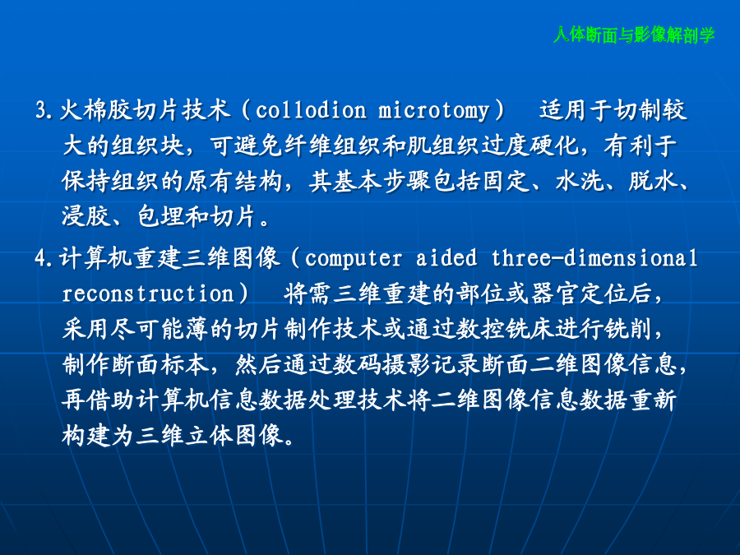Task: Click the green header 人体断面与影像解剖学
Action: [634, 35]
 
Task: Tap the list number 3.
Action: [44, 110]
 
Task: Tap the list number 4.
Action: [44, 258]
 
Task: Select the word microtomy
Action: [433, 111]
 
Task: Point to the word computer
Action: [354, 259]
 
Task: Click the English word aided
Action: [446, 257]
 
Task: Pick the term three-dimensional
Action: [594, 257]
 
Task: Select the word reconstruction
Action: [148, 294]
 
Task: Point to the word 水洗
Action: [580, 181]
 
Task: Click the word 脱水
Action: [653, 181]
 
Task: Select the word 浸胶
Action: [86, 216]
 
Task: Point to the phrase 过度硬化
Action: [530, 146]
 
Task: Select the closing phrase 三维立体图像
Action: [173, 435]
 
